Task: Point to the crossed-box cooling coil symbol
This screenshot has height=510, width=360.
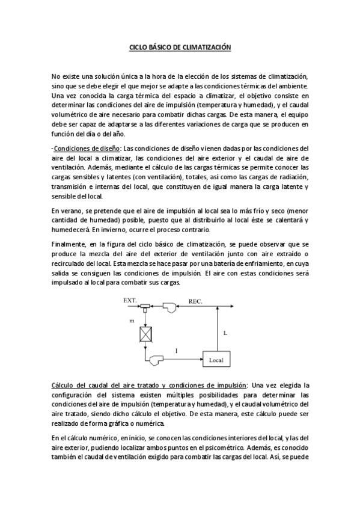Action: pos(145,333)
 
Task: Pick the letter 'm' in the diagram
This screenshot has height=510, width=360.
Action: pos(132,322)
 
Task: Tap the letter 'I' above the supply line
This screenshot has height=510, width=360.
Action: pos(176,350)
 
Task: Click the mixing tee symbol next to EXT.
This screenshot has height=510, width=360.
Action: pos(145,307)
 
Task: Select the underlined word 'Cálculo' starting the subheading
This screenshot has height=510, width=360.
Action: pos(63,385)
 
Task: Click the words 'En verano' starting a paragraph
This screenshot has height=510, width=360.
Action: pos(65,210)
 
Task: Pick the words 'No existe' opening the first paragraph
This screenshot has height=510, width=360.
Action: pos(65,77)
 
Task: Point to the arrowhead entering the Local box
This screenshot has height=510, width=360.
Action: pos(200,360)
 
